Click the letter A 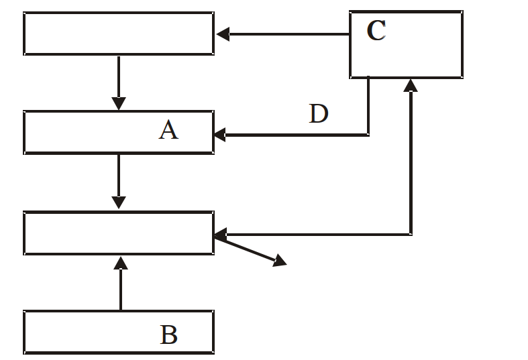[x=168, y=130]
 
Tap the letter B [x=168, y=335]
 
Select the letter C [x=376, y=30]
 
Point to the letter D [x=319, y=113]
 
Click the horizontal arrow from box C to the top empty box [x=283, y=34]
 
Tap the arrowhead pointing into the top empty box [x=223, y=34]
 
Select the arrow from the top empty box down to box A [x=119, y=82]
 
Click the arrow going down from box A [x=119, y=182]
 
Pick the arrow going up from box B [x=121, y=284]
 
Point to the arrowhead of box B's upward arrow [x=121, y=263]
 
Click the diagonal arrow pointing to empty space [x=250, y=251]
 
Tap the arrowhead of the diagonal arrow [x=280, y=261]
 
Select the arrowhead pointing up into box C [x=411, y=85]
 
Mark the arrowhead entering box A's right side [x=220, y=135]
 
